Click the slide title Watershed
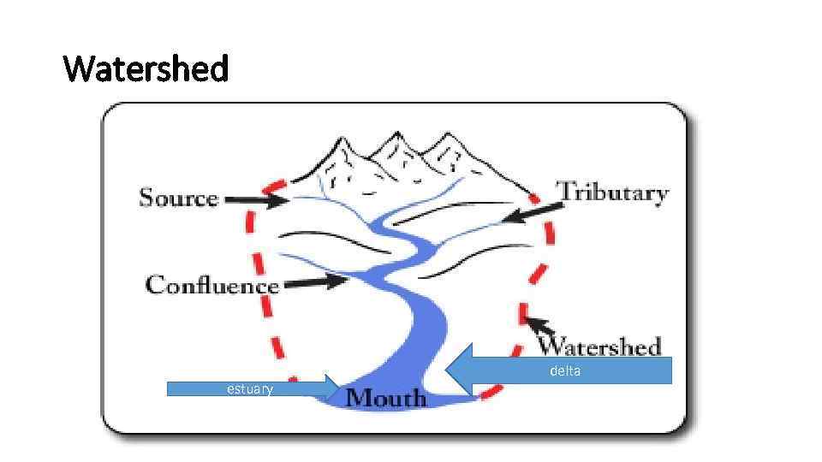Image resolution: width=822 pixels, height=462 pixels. click(x=146, y=68)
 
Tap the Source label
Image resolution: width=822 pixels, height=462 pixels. click(x=179, y=198)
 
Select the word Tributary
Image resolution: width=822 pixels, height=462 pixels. click(x=612, y=192)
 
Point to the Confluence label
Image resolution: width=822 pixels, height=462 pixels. click(x=212, y=285)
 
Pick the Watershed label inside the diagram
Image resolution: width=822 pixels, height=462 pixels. click(x=599, y=346)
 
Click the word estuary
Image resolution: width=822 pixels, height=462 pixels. click(x=249, y=390)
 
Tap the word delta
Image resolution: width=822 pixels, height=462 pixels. click(x=564, y=371)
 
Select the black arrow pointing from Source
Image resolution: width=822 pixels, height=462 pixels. click(x=257, y=200)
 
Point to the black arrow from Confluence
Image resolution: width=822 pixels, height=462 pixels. click(x=313, y=281)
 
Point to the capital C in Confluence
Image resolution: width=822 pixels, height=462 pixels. click(x=155, y=284)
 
